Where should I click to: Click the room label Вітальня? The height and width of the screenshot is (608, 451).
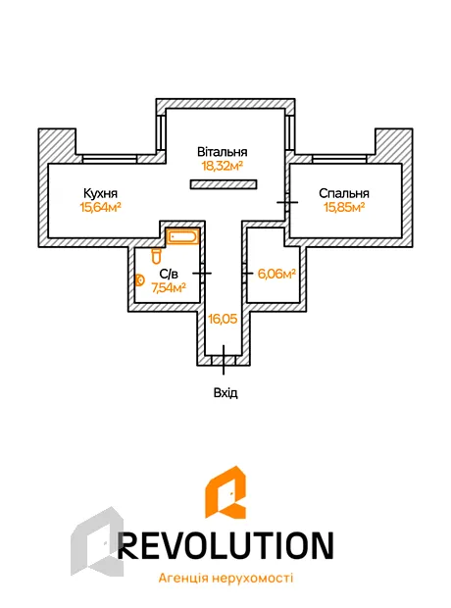click(x=223, y=152)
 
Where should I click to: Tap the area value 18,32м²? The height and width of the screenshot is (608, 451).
click(x=223, y=167)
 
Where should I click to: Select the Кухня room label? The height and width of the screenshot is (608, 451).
click(x=100, y=193)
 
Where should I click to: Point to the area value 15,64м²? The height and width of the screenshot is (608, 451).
click(x=100, y=208)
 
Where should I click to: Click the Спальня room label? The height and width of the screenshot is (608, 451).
click(x=344, y=193)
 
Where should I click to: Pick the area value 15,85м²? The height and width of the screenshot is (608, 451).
click(x=344, y=208)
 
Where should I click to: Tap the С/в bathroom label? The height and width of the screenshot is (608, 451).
click(x=169, y=275)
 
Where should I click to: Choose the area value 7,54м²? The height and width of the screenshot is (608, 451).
click(x=169, y=288)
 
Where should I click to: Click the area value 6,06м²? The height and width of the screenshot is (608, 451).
click(x=276, y=275)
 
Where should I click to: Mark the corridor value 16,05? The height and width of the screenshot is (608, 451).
click(x=223, y=319)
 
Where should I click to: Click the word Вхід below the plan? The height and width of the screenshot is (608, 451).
click(x=225, y=393)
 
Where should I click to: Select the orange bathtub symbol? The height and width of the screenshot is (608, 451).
click(x=182, y=236)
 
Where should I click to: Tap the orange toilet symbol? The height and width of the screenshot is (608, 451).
click(x=156, y=256)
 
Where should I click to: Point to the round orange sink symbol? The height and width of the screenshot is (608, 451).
click(x=140, y=279)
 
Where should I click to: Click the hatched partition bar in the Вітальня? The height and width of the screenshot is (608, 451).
click(x=224, y=184)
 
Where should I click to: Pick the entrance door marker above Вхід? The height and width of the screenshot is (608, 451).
click(x=224, y=360)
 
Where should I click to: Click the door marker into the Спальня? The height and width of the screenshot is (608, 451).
click(x=287, y=202)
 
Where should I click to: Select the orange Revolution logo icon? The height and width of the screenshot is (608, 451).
click(x=225, y=492)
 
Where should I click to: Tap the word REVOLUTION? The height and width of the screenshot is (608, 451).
click(x=225, y=545)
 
